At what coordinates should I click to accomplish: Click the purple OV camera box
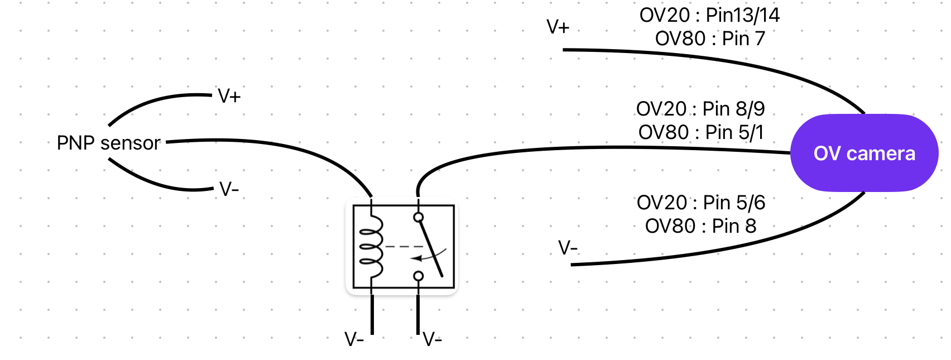click(x=864, y=153)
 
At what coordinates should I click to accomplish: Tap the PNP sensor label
click(x=109, y=143)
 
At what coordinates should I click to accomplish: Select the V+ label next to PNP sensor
click(x=229, y=97)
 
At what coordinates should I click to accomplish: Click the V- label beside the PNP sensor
click(x=229, y=190)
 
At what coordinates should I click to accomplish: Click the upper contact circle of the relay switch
click(x=419, y=217)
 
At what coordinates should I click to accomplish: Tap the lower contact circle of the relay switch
click(x=419, y=276)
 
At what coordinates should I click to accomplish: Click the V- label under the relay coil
click(x=354, y=339)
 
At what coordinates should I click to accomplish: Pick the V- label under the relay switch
click(x=432, y=339)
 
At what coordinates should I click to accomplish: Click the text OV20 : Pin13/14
click(x=709, y=15)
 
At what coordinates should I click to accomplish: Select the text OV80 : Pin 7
click(x=709, y=39)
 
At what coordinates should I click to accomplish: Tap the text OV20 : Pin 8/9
click(x=700, y=109)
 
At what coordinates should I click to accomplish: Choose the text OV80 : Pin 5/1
click(x=700, y=132)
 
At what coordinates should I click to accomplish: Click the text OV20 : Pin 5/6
click(x=701, y=203)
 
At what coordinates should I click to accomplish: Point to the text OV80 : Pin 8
click(x=701, y=226)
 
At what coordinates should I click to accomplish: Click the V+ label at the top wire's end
click(x=558, y=27)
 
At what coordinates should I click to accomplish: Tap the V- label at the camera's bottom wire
click(x=568, y=247)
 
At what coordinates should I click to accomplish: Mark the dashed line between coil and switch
click(x=403, y=246)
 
